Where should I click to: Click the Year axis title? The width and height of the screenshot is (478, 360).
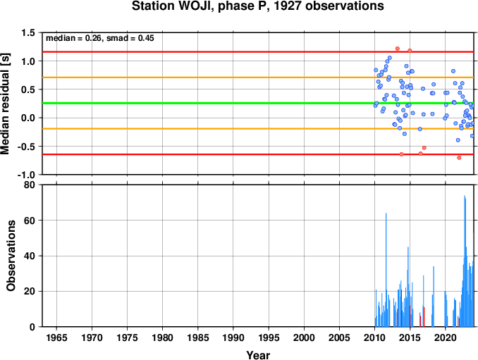tap(258, 355)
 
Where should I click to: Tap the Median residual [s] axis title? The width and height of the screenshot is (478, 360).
tap(6, 104)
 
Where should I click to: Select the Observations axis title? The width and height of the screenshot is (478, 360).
tap(11, 256)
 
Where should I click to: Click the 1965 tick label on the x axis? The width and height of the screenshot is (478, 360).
tap(56, 337)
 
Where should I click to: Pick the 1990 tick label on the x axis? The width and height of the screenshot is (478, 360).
tap(233, 337)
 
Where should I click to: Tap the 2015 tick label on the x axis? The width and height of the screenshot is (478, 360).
tap(410, 337)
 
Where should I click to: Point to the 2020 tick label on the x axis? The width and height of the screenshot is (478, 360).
tap(446, 337)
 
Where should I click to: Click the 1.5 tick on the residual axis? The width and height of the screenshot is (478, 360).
tap(28, 32)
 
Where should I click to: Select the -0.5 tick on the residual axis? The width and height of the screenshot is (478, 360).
tap(27, 147)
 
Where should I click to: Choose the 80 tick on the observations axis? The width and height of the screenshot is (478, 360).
tap(30, 185)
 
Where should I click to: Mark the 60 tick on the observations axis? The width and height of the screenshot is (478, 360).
tap(30, 221)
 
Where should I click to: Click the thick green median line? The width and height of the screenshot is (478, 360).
tap(258, 104)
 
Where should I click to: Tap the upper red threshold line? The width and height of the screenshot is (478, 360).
tap(258, 52)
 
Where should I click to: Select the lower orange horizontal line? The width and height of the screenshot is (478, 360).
tap(258, 129)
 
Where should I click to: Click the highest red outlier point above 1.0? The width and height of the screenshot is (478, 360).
tap(397, 49)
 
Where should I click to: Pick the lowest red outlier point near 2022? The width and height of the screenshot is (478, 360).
tap(459, 158)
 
